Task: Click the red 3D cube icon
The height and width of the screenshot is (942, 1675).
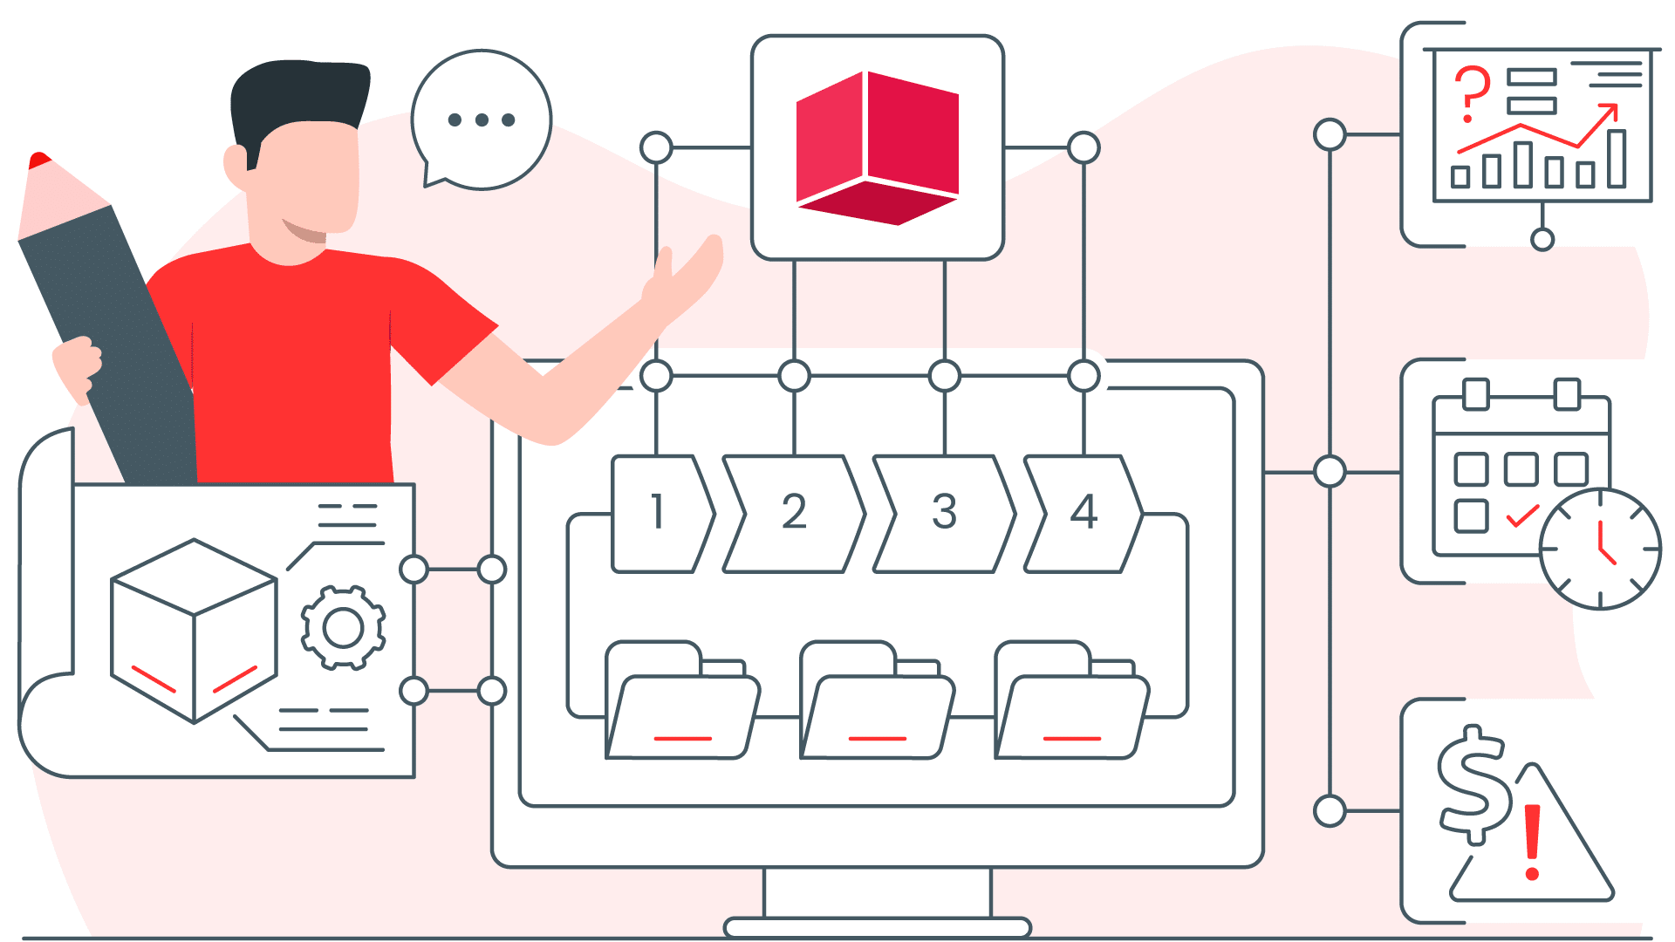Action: pos(877,147)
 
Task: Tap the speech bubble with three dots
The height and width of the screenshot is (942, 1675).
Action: pos(482,119)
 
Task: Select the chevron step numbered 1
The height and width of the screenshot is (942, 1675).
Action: pos(660,513)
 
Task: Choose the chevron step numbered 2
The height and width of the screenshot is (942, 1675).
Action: pos(794,513)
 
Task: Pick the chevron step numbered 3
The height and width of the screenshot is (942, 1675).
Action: pos(945,513)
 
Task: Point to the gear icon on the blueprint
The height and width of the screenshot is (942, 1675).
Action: pos(343,627)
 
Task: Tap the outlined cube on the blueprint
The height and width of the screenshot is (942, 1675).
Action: pos(194,630)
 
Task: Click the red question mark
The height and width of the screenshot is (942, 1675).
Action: pos(1472,92)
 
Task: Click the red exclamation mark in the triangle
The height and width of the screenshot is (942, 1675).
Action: pos(1532,842)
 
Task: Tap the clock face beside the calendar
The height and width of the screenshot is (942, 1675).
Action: pos(1600,549)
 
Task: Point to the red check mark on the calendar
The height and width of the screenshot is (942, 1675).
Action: pos(1522,516)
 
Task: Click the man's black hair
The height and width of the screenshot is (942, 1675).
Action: pos(297,96)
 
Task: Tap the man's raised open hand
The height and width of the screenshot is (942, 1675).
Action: pos(689,270)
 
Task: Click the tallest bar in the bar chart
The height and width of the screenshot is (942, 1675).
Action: pos(1617,159)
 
